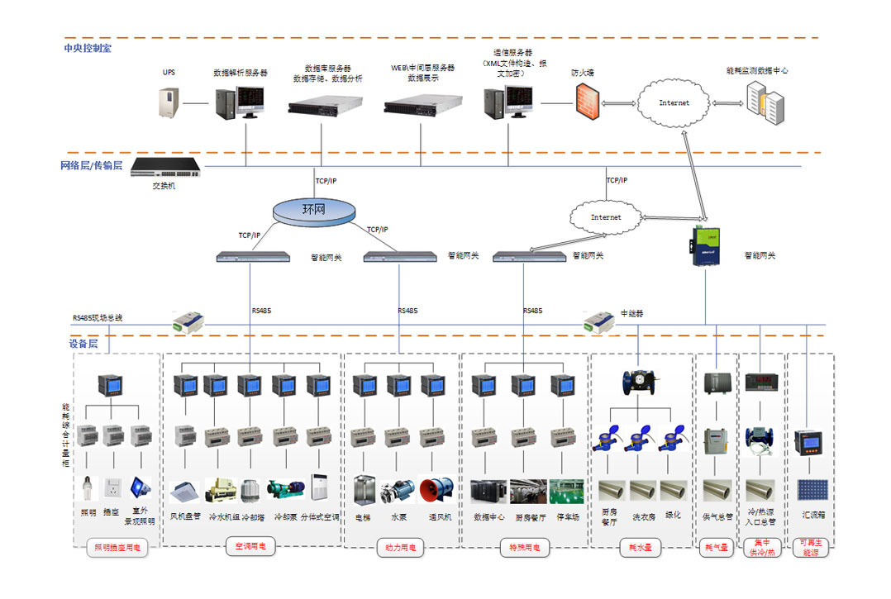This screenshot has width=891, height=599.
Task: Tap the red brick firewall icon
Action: tap(586, 103)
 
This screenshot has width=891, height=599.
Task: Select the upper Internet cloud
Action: tap(674, 103)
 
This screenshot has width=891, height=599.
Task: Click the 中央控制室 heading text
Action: tap(88, 48)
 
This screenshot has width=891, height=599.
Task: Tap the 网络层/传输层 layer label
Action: tap(91, 165)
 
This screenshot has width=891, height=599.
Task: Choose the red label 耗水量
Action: tap(641, 548)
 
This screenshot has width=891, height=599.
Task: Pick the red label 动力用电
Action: tap(401, 547)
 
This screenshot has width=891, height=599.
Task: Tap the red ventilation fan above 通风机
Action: tap(436, 491)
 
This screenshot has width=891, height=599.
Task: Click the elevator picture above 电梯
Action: tap(364, 490)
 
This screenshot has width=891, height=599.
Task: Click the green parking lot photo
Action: tap(566, 491)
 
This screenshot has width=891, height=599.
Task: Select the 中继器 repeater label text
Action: tap(632, 314)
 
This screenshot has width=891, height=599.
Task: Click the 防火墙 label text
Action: tap(582, 73)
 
